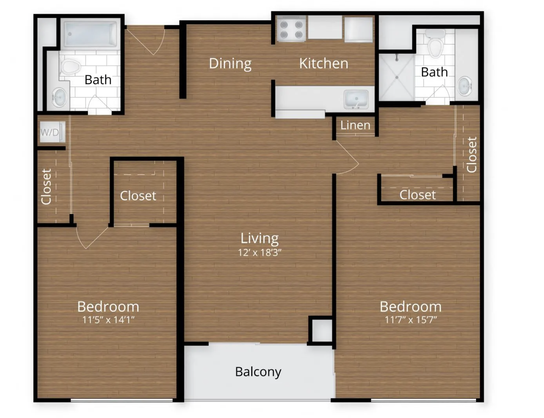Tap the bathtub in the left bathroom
coord(90,34)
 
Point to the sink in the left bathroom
coord(59,97)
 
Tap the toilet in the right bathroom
coord(435,43)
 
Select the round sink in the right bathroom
coord(465,86)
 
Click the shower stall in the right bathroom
coord(397,77)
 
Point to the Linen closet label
coord(355,125)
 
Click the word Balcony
coord(258,372)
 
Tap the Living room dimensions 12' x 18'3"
coord(260,253)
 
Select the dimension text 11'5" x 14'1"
coord(108,320)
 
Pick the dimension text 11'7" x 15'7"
coord(411,320)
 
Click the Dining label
coord(230,64)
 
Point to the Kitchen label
coord(324,64)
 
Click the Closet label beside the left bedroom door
coord(138,196)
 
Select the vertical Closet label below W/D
coord(47,187)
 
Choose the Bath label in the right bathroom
coord(434,72)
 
